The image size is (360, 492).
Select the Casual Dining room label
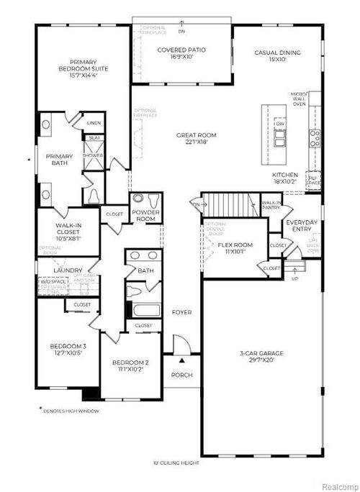pos(277,56)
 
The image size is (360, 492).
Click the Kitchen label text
pos(287,178)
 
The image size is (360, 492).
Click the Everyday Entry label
pos(302,225)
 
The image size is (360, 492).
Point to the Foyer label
pos(181,312)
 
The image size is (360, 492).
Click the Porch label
pos(181,375)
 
